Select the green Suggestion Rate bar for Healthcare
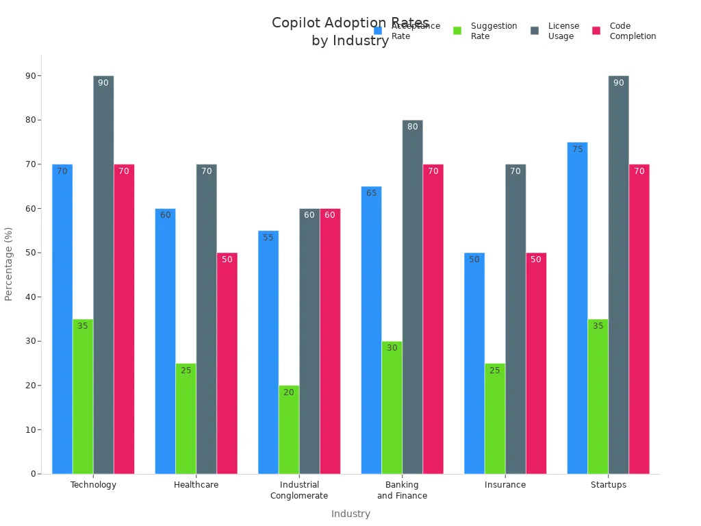coord(186,418)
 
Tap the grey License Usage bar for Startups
coord(618,274)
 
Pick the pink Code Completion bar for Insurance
coord(536,363)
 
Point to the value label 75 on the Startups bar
coord(577,149)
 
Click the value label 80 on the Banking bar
coord(412,127)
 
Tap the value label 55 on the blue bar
coord(268,238)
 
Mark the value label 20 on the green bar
coord(289,392)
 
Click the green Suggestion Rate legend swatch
coord(457,31)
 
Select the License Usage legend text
coord(563,31)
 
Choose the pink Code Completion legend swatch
coord(596,31)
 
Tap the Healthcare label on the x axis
coord(196,485)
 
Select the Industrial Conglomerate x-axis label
coord(299,490)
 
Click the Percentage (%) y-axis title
coord(9,264)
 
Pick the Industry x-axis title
coord(350,514)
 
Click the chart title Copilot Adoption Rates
coord(350,23)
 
